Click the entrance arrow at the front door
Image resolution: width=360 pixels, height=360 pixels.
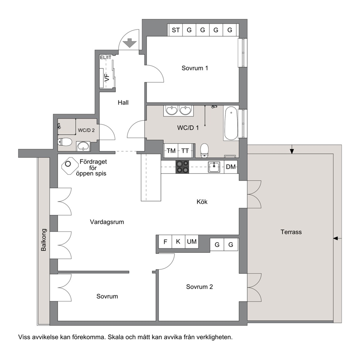coord(130,43)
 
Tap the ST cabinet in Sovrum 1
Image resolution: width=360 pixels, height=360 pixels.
coord(176,30)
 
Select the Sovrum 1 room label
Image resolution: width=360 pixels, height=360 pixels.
coord(195,68)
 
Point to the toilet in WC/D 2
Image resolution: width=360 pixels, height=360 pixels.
coord(65,142)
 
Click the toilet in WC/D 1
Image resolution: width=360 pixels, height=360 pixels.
coord(204,151)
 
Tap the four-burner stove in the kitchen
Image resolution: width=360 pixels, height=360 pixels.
coord(182,167)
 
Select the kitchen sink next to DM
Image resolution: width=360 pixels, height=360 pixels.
coord(214,167)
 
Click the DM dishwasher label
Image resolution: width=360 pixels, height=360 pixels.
coord(230,167)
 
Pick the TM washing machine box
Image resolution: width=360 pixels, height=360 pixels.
coord(171,151)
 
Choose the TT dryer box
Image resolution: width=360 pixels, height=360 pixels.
coord(185,151)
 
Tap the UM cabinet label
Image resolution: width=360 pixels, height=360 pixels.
coord(192,242)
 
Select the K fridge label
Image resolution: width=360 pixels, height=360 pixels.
coord(178,242)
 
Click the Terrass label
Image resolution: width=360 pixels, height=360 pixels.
coord(291,232)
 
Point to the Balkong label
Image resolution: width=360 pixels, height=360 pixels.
coord(44,240)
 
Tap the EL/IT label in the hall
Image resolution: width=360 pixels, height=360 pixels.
coord(106,57)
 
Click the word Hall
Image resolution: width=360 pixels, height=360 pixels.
coord(123,103)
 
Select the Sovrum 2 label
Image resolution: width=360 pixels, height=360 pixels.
coord(199,287)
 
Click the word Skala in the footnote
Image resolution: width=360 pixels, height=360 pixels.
coord(116,337)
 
